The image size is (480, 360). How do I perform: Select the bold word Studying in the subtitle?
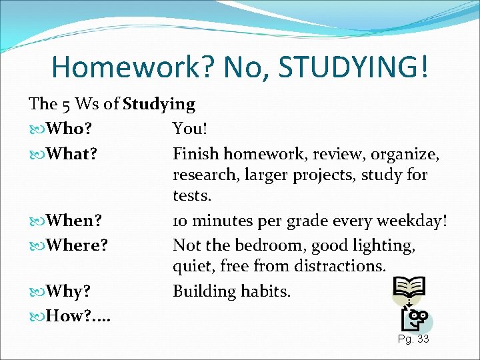tap(159, 104)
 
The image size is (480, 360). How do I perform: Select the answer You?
tap(190, 129)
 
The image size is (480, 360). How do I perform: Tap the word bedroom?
tap(258, 246)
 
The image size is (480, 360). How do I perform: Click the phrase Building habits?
tap(232, 291)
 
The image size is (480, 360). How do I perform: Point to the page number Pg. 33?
tap(413, 339)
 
